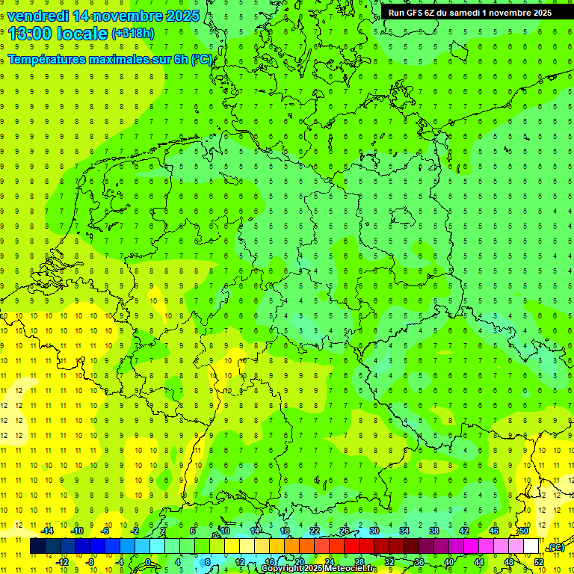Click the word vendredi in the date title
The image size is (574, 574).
click(x=38, y=16)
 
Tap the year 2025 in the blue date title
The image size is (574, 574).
click(x=178, y=16)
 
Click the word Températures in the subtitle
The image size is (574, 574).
click(x=48, y=59)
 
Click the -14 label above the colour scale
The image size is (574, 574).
click(x=47, y=531)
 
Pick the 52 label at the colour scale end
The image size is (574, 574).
click(x=539, y=561)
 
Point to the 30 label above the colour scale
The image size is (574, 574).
click(x=374, y=531)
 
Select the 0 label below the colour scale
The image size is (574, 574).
click(x=148, y=561)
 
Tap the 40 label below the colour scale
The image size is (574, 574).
click(x=448, y=561)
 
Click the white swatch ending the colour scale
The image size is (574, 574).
click(x=531, y=546)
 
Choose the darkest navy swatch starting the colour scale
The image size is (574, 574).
click(x=37, y=546)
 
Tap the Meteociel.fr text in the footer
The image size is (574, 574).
click(x=351, y=569)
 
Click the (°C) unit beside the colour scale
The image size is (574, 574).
click(x=555, y=548)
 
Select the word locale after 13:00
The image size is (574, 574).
click(x=82, y=34)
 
